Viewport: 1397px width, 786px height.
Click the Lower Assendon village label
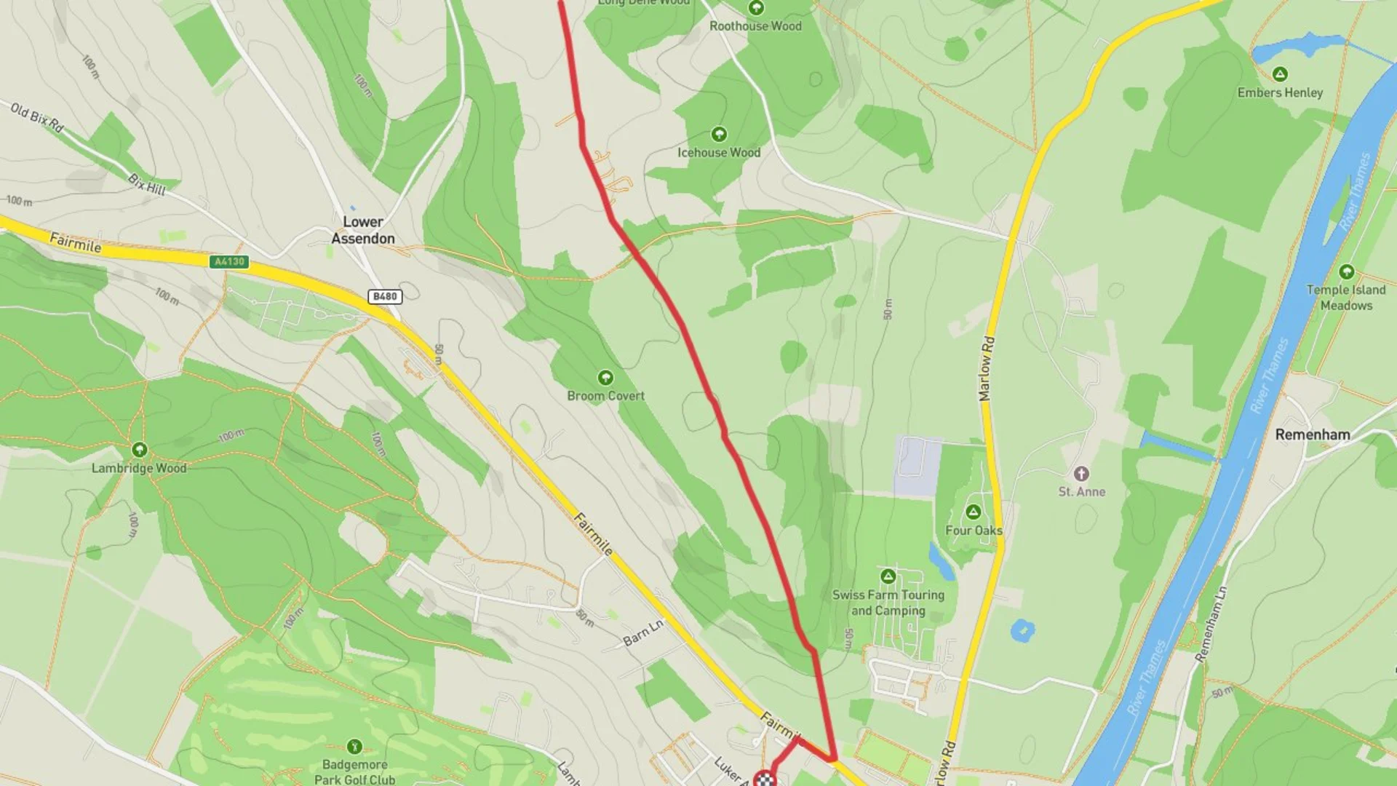(363, 230)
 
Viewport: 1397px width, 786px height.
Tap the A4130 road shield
(229, 261)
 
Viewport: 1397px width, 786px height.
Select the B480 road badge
(384, 296)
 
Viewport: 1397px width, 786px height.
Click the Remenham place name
(1312, 434)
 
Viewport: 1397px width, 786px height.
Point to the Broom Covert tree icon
(605, 378)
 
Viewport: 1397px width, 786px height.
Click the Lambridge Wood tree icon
(140, 450)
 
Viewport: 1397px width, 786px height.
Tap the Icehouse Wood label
(719, 153)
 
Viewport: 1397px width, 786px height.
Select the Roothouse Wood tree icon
(756, 8)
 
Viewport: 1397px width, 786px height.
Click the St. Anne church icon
(1081, 474)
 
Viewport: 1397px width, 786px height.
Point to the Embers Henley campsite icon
(1280, 74)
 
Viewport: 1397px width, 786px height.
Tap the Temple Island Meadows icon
(1346, 272)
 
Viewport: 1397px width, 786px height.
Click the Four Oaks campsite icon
(974, 512)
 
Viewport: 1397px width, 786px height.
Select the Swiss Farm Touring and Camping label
(888, 603)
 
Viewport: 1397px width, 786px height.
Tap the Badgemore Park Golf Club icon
(354, 746)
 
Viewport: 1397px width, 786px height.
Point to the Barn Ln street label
(643, 633)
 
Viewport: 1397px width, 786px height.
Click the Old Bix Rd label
(37, 118)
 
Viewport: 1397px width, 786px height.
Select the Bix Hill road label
(147, 184)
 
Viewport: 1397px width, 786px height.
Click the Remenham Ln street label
(1211, 624)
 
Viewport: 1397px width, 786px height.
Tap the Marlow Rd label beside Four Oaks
(986, 368)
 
